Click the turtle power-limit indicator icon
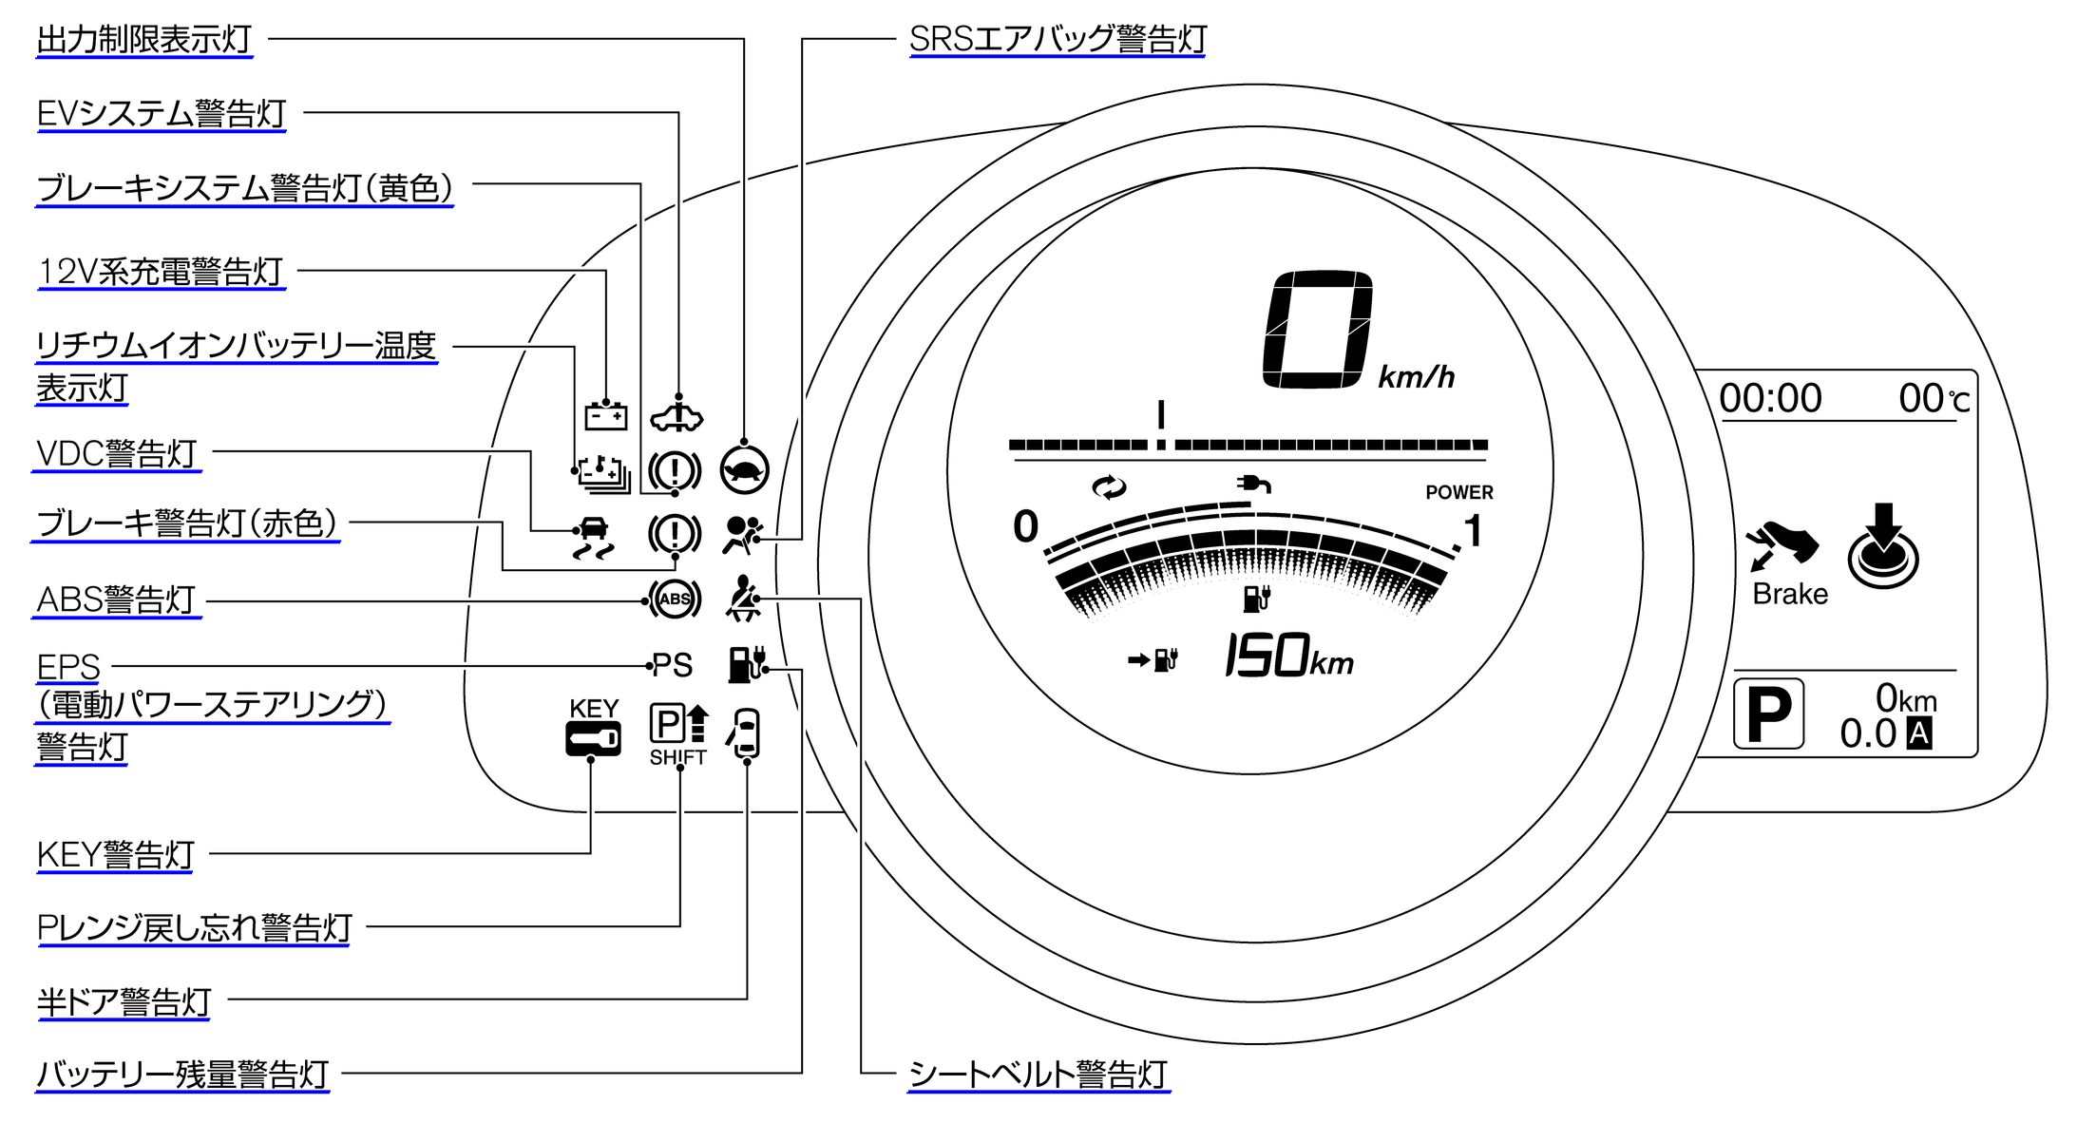tap(744, 469)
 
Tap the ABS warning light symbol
tap(675, 600)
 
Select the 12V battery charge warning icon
tap(605, 416)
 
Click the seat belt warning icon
tap(743, 599)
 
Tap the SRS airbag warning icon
tap(742, 535)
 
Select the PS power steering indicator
tap(672, 665)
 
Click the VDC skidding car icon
tap(594, 538)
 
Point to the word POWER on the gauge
tap(1458, 492)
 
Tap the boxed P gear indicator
tap(1768, 714)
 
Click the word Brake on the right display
tap(1790, 595)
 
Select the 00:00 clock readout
tap(1771, 398)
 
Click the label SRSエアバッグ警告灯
tap(1058, 40)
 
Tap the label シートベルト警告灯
tap(1038, 1075)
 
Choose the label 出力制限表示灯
tap(144, 40)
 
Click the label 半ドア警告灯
tap(124, 1002)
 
